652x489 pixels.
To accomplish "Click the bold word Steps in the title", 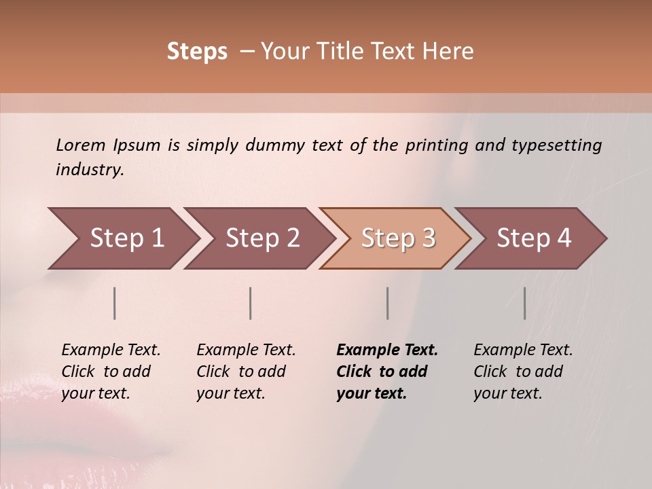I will click(x=197, y=52).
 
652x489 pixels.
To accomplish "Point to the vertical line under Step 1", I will click(x=115, y=303).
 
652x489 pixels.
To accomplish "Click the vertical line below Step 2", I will click(x=251, y=303).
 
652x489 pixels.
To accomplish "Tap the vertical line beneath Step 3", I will click(x=387, y=303).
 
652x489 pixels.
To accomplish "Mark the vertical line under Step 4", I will click(x=524, y=303).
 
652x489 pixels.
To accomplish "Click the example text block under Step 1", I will click(x=111, y=372).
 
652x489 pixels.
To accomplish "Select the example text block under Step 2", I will click(x=246, y=372).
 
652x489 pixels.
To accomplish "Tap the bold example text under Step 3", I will click(x=387, y=372).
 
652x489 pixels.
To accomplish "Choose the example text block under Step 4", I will click(x=523, y=372).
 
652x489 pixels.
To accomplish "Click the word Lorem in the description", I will click(x=80, y=145).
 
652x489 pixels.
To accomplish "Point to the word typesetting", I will click(x=556, y=145).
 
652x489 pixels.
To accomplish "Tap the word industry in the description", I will click(x=90, y=170).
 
